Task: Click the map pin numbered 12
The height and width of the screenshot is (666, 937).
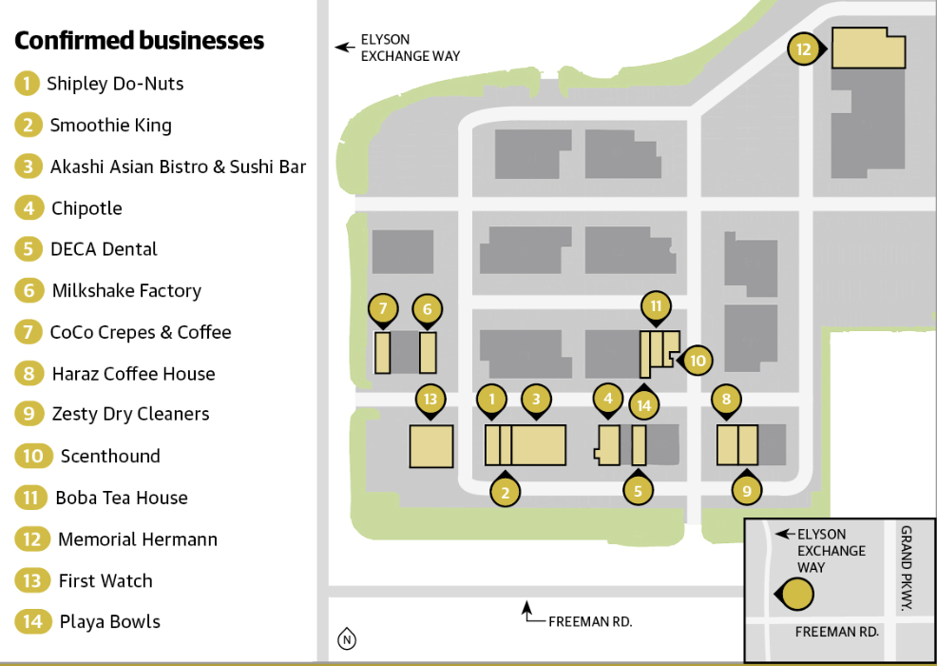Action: click(x=804, y=49)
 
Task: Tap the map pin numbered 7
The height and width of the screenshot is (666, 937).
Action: click(x=382, y=308)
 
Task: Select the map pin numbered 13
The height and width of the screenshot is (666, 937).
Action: click(x=430, y=399)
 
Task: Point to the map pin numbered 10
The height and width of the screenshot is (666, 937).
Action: click(x=698, y=361)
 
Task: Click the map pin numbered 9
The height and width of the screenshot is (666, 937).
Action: click(x=747, y=491)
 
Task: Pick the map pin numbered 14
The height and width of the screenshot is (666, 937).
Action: click(x=644, y=404)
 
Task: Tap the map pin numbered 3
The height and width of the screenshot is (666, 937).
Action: click(x=536, y=400)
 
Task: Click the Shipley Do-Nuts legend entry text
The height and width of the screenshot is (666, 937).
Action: click(x=115, y=84)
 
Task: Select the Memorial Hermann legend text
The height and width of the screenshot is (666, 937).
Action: click(x=137, y=539)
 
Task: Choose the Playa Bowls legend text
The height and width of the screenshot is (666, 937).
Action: click(x=109, y=622)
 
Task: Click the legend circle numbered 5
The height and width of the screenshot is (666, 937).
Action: click(x=29, y=249)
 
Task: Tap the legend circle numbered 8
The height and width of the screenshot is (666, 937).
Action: click(x=29, y=374)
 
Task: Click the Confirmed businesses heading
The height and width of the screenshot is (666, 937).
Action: click(x=139, y=41)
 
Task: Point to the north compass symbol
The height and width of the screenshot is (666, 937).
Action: click(x=347, y=640)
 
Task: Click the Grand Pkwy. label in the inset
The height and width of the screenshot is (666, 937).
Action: click(x=906, y=568)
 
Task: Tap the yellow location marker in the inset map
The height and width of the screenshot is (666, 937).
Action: click(x=797, y=595)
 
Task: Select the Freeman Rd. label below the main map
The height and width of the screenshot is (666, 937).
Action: click(x=589, y=621)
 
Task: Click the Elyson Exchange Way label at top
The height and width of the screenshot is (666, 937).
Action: click(x=409, y=49)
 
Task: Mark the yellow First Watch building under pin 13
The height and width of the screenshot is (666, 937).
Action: click(x=430, y=446)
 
